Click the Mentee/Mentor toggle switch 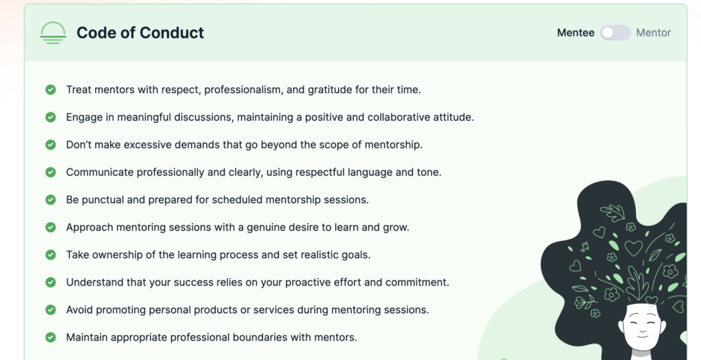pyautogui.click(x=615, y=33)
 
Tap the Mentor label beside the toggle pyautogui.click(x=653, y=33)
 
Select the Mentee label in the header pyautogui.click(x=575, y=33)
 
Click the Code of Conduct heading pyautogui.click(x=140, y=33)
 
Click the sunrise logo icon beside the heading pyautogui.click(x=53, y=33)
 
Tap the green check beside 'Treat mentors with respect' pyautogui.click(x=51, y=90)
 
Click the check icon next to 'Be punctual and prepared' pyautogui.click(x=51, y=200)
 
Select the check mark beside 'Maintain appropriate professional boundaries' pyautogui.click(x=51, y=337)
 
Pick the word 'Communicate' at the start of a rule pyautogui.click(x=100, y=172)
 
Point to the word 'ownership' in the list pyautogui.click(x=120, y=255)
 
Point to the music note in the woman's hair pyautogui.click(x=585, y=246)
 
